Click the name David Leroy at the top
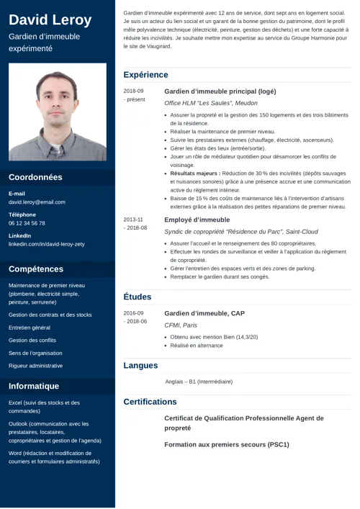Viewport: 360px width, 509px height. tap(50, 19)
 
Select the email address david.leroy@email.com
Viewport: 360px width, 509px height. tap(37, 202)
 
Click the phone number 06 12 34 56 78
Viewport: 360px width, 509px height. tap(27, 223)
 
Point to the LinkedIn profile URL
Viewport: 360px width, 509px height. tap(46, 244)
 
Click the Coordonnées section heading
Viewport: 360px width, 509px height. tap(35, 177)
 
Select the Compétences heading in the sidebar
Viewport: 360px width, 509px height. tap(36, 269)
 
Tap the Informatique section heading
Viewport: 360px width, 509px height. tap(34, 386)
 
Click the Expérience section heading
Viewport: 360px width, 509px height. tap(145, 75)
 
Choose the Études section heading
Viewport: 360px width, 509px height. tap(137, 297)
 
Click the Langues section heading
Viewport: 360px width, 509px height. tap(140, 366)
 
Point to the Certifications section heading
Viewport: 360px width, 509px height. tap(150, 402)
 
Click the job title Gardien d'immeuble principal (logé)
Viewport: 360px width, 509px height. tap(220, 91)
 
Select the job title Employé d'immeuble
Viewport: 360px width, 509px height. tap(197, 220)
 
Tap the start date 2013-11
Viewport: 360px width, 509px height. tap(133, 220)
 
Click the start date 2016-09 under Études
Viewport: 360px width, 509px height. tap(133, 313)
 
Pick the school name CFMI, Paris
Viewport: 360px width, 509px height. tap(181, 325)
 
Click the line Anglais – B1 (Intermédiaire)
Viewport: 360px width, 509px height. tap(199, 382)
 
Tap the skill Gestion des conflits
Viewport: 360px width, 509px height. tap(32, 340)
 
